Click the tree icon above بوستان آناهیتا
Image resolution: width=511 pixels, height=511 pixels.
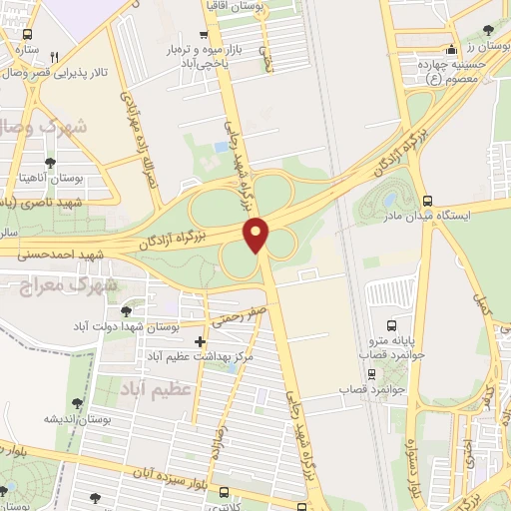click(50, 162)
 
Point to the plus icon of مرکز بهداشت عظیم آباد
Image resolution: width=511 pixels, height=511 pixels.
click(202, 341)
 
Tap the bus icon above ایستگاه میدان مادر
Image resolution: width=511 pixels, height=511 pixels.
click(428, 200)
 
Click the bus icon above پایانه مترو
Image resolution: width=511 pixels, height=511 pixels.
click(391, 325)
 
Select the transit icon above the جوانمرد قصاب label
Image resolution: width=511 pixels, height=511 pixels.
click(372, 374)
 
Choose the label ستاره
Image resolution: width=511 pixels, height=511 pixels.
click(26, 47)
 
